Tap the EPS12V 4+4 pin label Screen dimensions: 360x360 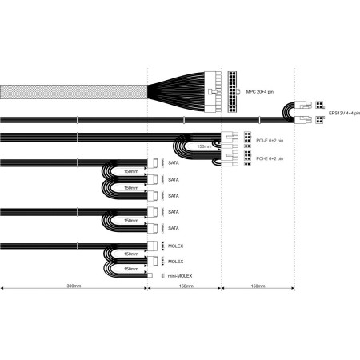pos(345,113)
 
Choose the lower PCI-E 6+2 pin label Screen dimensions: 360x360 pos(270,158)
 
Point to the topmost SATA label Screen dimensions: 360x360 pos(174,163)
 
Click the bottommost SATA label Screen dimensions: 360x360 pos(174,228)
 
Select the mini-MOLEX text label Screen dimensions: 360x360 pos(179,276)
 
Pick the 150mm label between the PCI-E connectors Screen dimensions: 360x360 pos(204,146)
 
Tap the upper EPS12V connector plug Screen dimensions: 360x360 pos(303,105)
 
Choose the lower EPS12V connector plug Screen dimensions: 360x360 pos(303,122)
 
